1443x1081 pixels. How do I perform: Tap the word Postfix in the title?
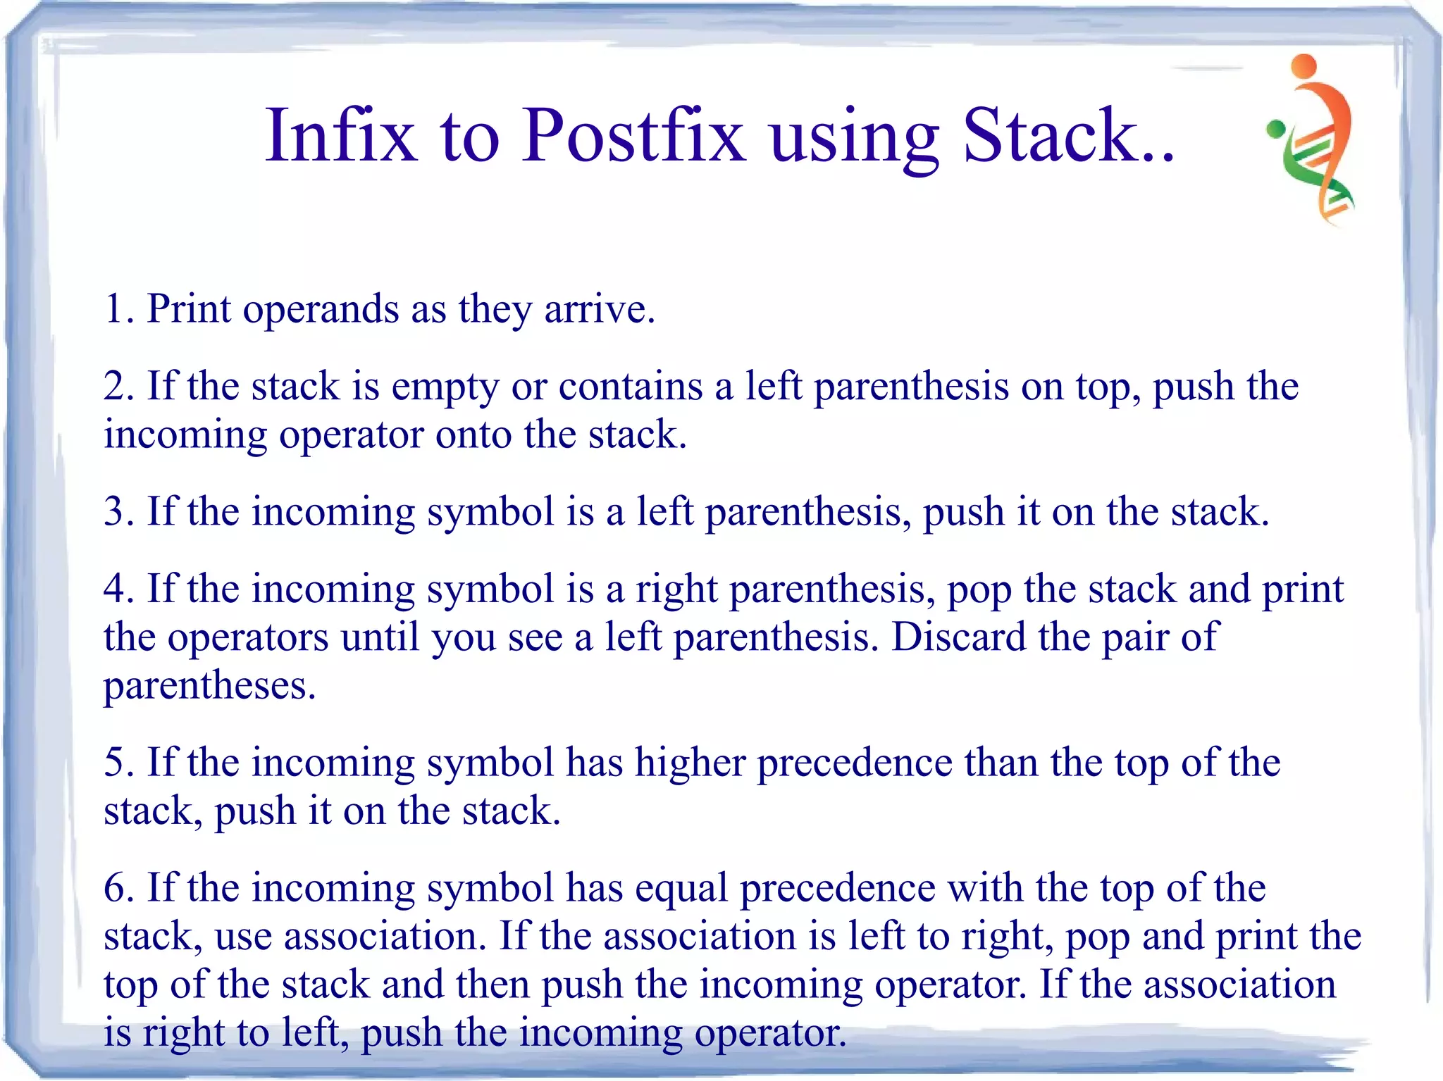pos(632,135)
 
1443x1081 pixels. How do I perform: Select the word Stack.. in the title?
pos(1067,135)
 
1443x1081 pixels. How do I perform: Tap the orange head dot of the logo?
pos(1304,65)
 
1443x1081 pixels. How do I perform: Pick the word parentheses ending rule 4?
pos(209,686)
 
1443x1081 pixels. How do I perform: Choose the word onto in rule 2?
pos(473,434)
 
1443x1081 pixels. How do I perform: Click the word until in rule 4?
pos(380,637)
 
